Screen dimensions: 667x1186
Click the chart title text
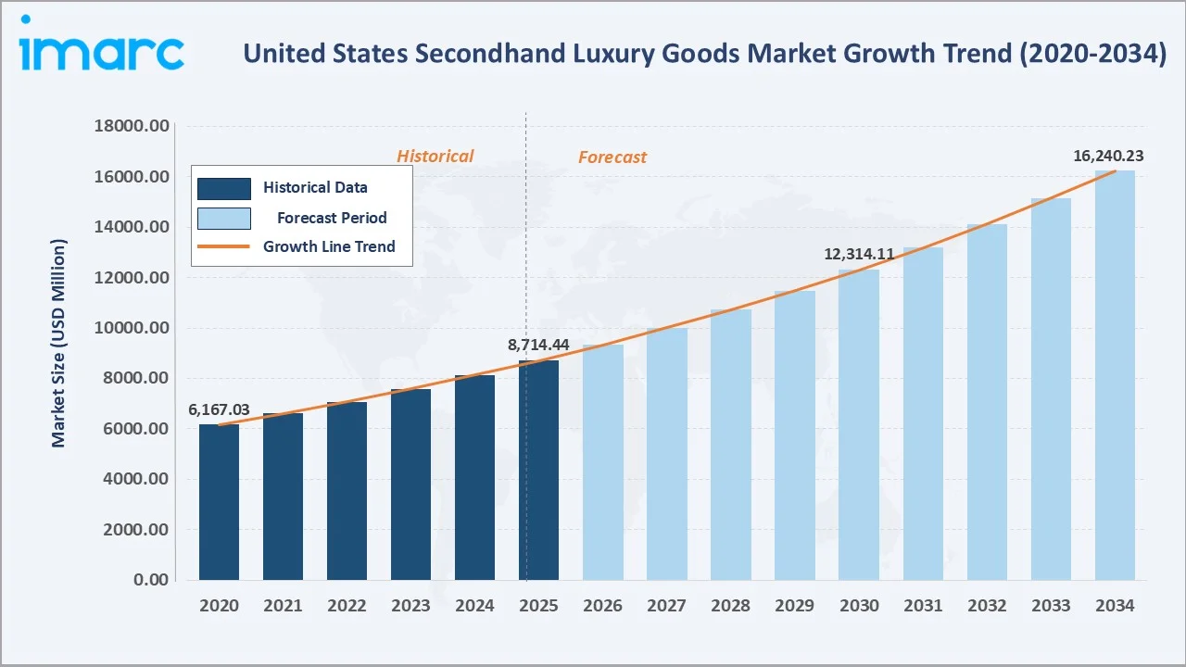pyautogui.click(x=704, y=54)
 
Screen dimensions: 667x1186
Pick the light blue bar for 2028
pyautogui.click(x=731, y=445)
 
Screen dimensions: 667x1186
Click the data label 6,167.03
pyautogui.click(x=219, y=409)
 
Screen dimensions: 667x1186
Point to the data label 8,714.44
pyautogui.click(x=538, y=345)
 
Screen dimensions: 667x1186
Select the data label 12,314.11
pyautogui.click(x=859, y=254)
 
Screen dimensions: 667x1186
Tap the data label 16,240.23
pyautogui.click(x=1108, y=156)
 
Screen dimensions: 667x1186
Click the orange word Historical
pyautogui.click(x=435, y=157)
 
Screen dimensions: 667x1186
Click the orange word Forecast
pyautogui.click(x=612, y=157)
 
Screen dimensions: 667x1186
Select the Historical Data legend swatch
pyautogui.click(x=223, y=188)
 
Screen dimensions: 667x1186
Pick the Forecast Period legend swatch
pyautogui.click(x=223, y=219)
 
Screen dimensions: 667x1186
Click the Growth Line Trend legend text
pyautogui.click(x=329, y=246)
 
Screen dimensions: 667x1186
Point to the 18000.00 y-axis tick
pyautogui.click(x=132, y=126)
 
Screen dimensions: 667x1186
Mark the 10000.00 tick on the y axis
pyautogui.click(x=132, y=328)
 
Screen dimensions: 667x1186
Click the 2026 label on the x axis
pyautogui.click(x=603, y=606)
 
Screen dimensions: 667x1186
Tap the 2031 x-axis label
pyautogui.click(x=923, y=606)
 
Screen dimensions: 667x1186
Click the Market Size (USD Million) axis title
pyautogui.click(x=59, y=344)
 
